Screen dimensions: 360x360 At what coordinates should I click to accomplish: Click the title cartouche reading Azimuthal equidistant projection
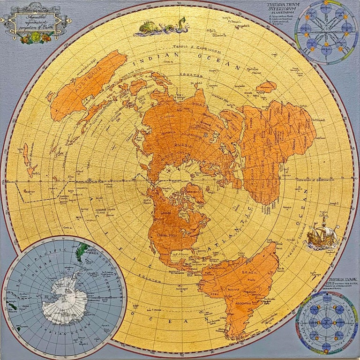[36, 21]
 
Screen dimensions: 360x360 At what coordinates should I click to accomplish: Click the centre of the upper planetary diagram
[326, 32]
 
